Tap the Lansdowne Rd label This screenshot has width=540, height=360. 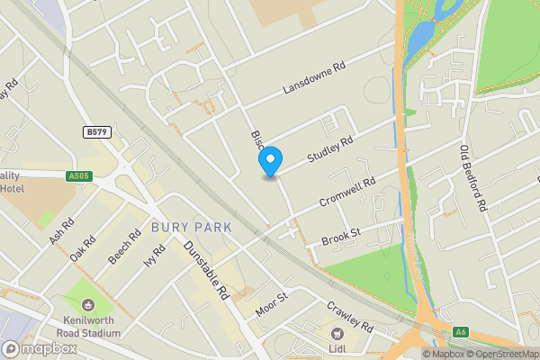(x=315, y=79)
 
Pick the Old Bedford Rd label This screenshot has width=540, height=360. (x=472, y=179)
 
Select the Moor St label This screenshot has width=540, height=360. (x=270, y=302)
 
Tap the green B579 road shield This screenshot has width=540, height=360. (x=96, y=132)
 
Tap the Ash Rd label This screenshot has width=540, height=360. (x=61, y=234)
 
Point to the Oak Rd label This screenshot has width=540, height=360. (x=84, y=248)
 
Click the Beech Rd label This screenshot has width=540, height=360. (x=125, y=245)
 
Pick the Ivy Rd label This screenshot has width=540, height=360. (x=154, y=258)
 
